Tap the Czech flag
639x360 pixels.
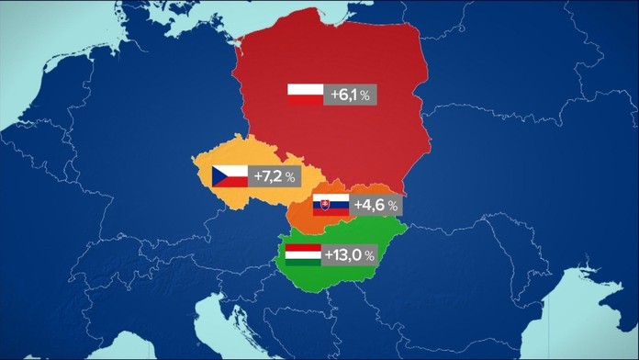tap(230, 175)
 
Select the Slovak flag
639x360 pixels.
tap(331, 206)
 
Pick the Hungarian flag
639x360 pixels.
tap(303, 254)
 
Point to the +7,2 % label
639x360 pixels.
tap(278, 175)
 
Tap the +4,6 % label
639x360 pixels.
tap(377, 206)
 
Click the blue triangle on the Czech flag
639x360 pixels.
tap(219, 175)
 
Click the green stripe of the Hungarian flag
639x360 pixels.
tap(303, 262)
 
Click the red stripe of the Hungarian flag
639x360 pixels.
tap(303, 247)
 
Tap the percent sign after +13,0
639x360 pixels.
tap(369, 255)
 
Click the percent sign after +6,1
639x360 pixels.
tap(365, 96)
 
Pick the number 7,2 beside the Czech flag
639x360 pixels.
tap(272, 175)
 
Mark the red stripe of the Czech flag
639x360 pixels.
tap(237, 181)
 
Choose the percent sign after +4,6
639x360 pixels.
tap(393, 207)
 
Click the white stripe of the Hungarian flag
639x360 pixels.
tap(303, 254)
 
